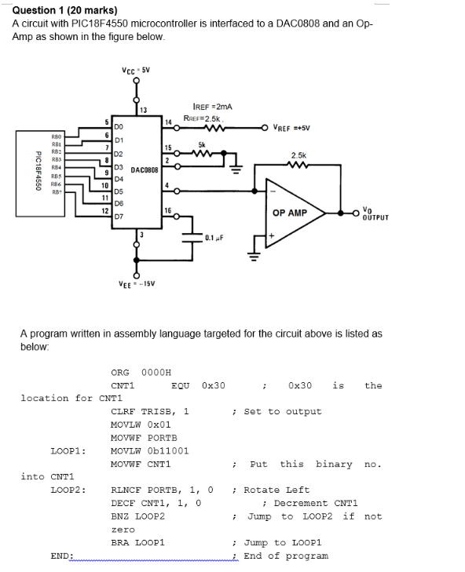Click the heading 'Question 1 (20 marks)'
[x=65, y=10]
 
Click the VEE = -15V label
[x=136, y=284]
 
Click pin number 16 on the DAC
[x=167, y=207]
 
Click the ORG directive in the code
[x=120, y=372]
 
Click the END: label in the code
[x=62, y=556]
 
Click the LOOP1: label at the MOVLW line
[x=68, y=451]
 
